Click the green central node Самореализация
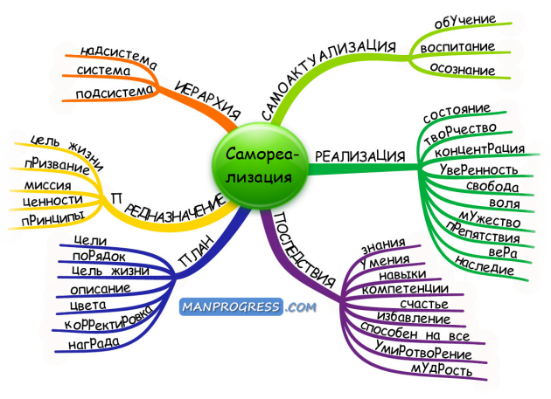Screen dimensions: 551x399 260,166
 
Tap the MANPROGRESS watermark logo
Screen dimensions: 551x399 248,307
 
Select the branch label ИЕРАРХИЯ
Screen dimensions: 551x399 207,100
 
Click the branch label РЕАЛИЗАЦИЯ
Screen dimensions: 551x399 360,156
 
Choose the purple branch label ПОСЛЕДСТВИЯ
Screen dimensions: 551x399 303,250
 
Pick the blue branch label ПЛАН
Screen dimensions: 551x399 196,251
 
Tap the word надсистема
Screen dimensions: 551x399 119,58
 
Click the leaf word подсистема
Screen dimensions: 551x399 115,93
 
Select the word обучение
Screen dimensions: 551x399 465,21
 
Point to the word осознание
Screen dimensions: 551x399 462,69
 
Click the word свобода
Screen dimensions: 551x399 492,186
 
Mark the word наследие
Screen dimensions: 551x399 485,265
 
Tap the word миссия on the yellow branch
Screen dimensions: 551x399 47,185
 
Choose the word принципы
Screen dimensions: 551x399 53,218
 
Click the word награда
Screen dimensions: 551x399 94,342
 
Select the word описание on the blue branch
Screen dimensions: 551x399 101,289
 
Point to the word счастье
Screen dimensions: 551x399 424,304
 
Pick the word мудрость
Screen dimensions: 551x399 442,369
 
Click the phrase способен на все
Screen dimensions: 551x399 415,332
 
